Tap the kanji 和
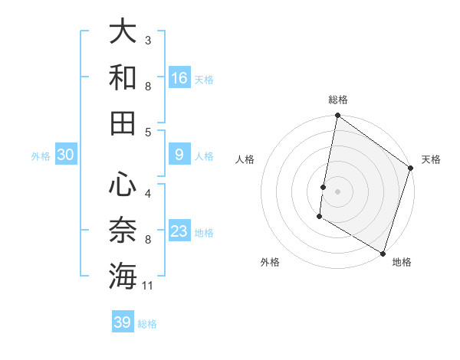click(123, 77)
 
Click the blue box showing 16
click(179, 78)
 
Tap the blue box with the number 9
click(179, 155)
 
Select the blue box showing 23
click(179, 231)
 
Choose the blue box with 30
click(66, 155)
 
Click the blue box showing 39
click(123, 322)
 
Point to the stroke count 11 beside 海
click(149, 286)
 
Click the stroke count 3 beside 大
click(148, 40)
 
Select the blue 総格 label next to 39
click(147, 324)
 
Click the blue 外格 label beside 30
click(41, 156)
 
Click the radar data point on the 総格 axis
click(337, 116)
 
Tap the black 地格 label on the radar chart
click(402, 262)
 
